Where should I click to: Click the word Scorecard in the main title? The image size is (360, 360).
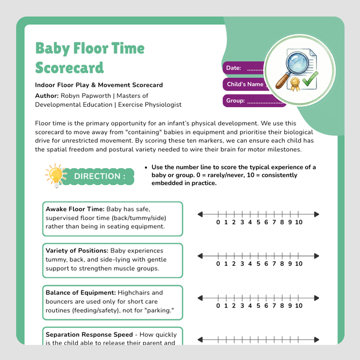(x=69, y=67)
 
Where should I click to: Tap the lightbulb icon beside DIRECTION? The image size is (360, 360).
(x=55, y=175)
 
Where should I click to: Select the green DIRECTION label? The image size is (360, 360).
(x=99, y=176)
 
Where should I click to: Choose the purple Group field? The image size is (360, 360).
(x=254, y=101)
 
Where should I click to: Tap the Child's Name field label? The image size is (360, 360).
(x=245, y=84)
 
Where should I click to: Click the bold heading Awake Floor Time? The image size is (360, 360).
(x=75, y=209)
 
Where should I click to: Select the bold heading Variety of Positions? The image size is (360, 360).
(x=77, y=251)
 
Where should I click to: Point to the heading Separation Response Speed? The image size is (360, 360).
(x=89, y=334)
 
